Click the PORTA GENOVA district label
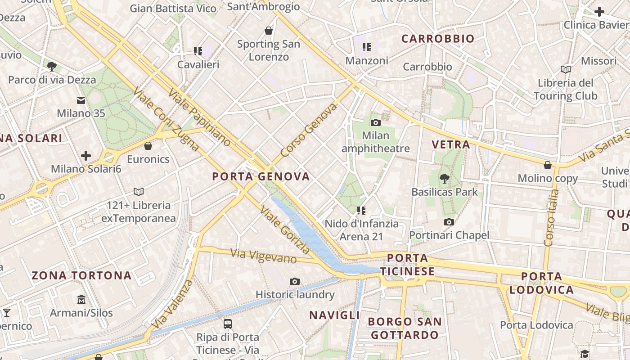click(261, 176)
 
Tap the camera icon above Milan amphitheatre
click(375, 122)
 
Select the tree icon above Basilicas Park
click(445, 179)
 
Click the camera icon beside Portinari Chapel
click(449, 222)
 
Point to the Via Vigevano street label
click(264, 256)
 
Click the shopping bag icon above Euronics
click(148, 146)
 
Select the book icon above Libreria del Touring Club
click(566, 69)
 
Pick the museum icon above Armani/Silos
click(81, 299)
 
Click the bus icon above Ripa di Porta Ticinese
click(228, 324)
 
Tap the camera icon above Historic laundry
click(295, 282)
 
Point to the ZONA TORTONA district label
click(81, 275)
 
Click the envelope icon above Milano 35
click(81, 100)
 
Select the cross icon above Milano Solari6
click(86, 156)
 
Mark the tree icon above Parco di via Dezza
click(52, 67)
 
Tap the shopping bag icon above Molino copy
click(548, 165)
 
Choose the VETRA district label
click(451, 144)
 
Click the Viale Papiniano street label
click(200, 117)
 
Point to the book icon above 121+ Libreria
click(139, 192)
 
